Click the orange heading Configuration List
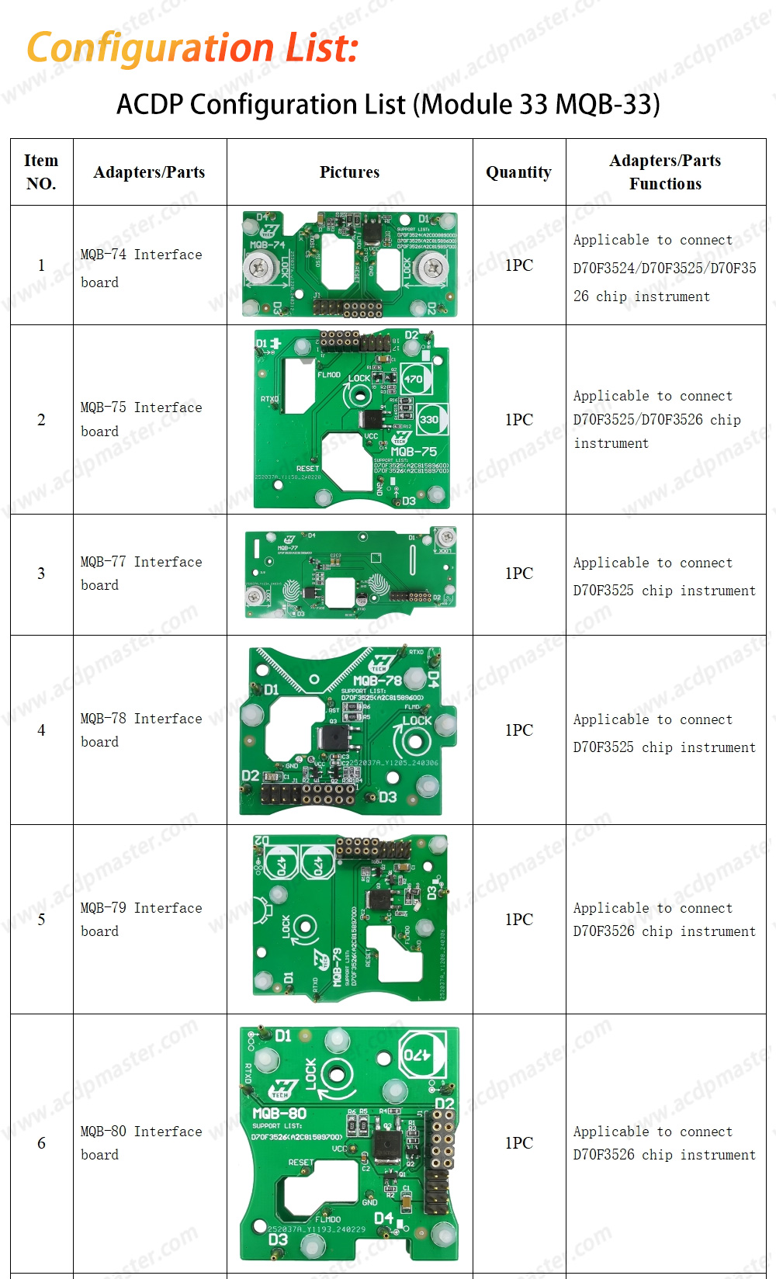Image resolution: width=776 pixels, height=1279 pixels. pyautogui.click(x=192, y=48)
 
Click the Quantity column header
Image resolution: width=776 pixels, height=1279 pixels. pyautogui.click(x=518, y=172)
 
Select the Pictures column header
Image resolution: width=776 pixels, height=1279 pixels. pyautogui.click(x=349, y=172)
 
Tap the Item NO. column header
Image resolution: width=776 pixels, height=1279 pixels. pyautogui.click(x=41, y=172)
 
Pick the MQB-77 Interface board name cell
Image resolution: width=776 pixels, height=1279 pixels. pyautogui.click(x=141, y=573)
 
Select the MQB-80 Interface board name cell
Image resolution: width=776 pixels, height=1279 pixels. pyautogui.click(x=141, y=1142)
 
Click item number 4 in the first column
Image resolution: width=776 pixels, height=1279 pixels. pyautogui.click(x=41, y=730)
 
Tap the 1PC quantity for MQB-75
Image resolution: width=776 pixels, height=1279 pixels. pyautogui.click(x=518, y=419)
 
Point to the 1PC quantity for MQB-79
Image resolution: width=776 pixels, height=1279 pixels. pyautogui.click(x=518, y=919)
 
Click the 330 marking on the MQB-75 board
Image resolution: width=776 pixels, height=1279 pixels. pyautogui.click(x=429, y=420)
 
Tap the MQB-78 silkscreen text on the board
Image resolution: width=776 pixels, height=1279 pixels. pyautogui.click(x=377, y=681)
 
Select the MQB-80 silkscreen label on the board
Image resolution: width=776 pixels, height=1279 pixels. pyautogui.click(x=279, y=1114)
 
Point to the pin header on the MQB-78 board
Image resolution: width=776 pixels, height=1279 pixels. pyautogui.click(x=310, y=793)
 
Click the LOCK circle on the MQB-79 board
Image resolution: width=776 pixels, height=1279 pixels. pyautogui.click(x=303, y=927)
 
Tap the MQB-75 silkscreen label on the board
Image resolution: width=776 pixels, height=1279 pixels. pyautogui.click(x=414, y=451)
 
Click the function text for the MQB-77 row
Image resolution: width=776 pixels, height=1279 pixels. pyautogui.click(x=664, y=577)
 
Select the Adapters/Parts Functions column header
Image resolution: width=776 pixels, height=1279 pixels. pyautogui.click(x=665, y=172)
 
